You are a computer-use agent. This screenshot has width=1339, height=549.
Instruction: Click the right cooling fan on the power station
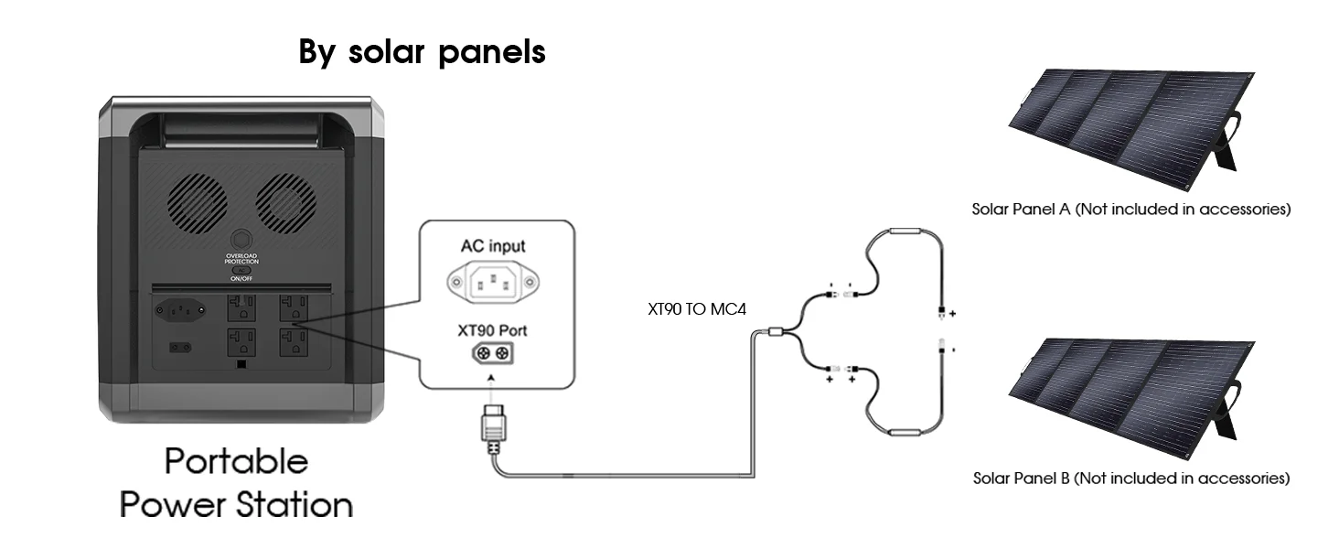pos(285,197)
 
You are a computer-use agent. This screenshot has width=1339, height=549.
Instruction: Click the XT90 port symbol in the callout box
pos(491,353)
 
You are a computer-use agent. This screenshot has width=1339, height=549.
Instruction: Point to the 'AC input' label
pos(493,246)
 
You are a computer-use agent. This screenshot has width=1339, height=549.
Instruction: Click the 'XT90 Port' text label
pos(492,329)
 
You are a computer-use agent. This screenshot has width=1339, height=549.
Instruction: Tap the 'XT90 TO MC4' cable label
pos(696,309)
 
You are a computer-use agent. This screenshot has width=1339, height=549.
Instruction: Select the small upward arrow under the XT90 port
pos(492,379)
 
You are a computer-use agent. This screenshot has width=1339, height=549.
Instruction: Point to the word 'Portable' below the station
pos(236,462)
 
